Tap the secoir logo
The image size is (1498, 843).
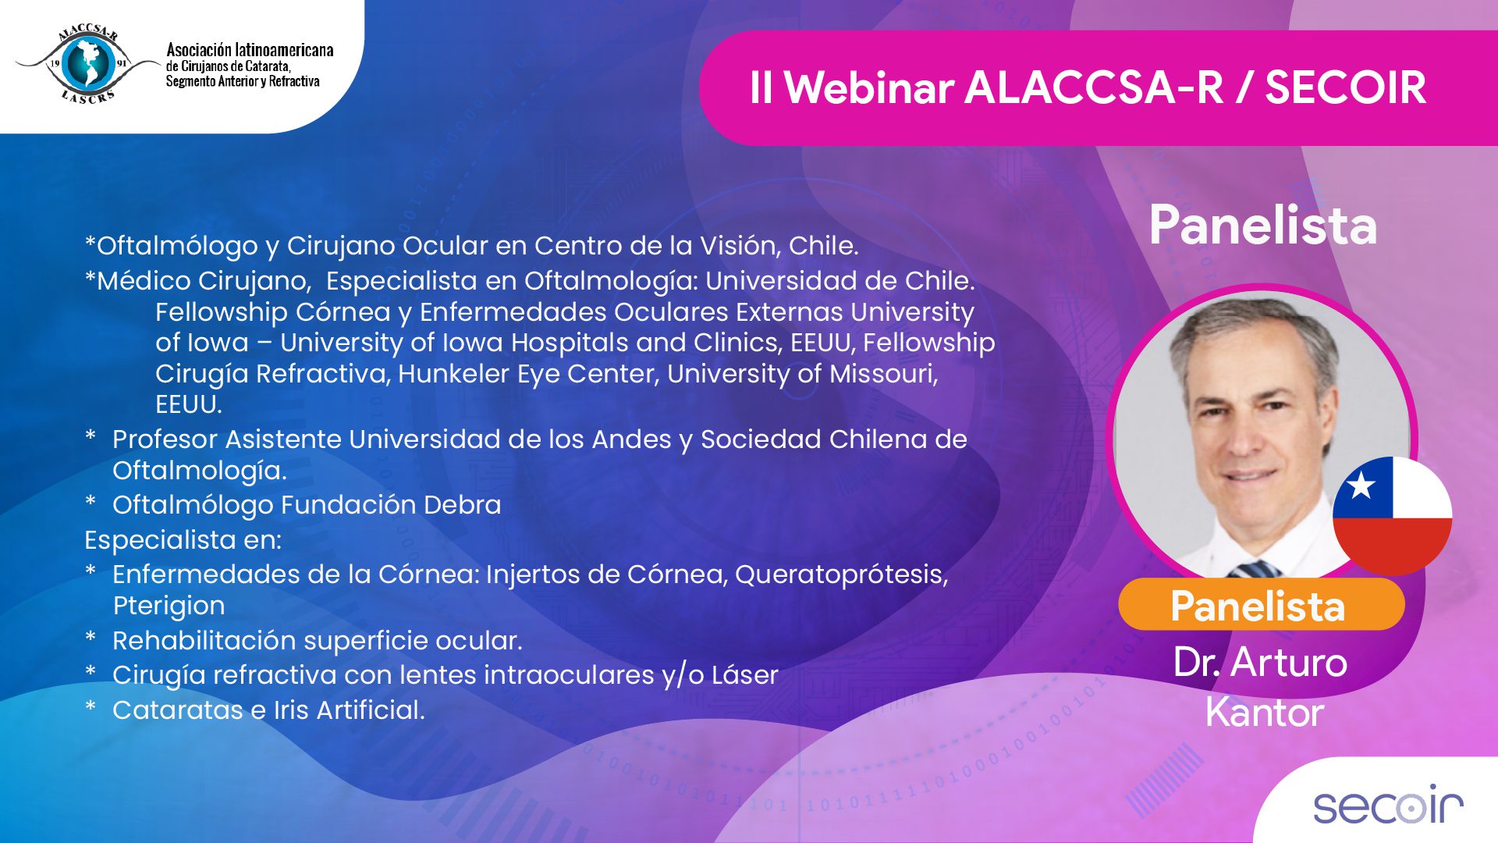point(1388,803)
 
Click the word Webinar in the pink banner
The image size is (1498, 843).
point(869,87)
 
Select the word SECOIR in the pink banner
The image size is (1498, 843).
point(1345,87)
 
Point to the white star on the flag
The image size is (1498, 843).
point(1361,486)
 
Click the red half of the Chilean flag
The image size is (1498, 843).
point(1391,545)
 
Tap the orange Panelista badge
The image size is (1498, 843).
point(1261,605)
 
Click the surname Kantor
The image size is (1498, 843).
point(1264,712)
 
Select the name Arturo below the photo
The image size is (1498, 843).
point(1289,663)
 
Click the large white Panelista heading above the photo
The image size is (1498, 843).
point(1263,226)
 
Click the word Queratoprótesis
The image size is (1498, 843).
point(841,575)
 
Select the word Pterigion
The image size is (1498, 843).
point(169,606)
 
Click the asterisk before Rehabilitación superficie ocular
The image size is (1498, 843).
point(91,638)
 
